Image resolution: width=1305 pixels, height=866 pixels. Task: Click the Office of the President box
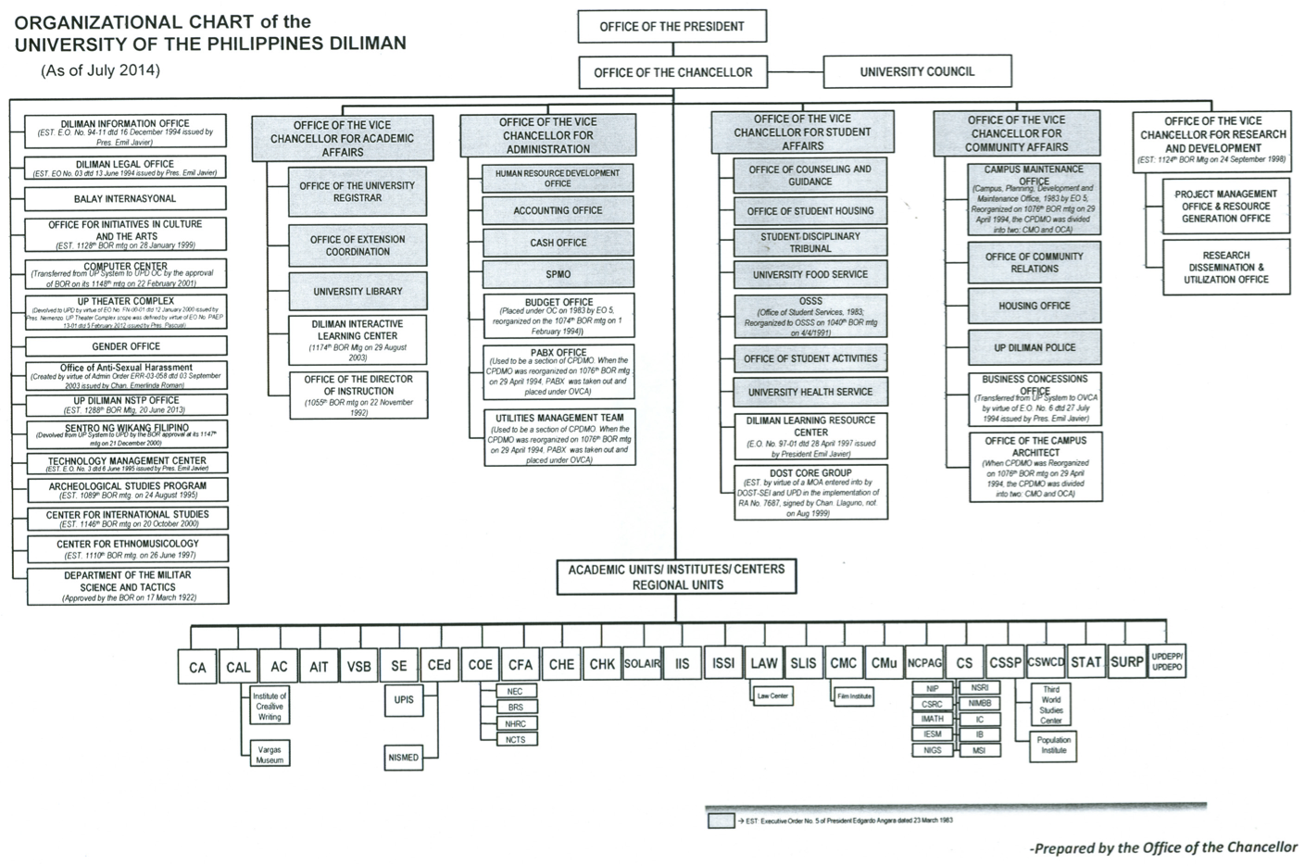pyautogui.click(x=671, y=27)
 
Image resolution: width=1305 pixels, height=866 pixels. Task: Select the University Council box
pyautogui.click(x=916, y=72)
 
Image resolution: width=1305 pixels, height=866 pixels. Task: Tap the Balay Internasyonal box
pyautogui.click(x=125, y=199)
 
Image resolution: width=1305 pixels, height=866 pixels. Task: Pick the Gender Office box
pyautogui.click(x=126, y=346)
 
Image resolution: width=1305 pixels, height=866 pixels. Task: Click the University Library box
pyautogui.click(x=358, y=292)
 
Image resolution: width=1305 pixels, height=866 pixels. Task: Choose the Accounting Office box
pyautogui.click(x=558, y=211)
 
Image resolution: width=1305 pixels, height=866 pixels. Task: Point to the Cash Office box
pyautogui.click(x=558, y=243)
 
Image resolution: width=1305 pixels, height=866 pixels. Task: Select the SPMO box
pyautogui.click(x=558, y=274)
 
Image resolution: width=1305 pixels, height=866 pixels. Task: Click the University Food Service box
pyautogui.click(x=809, y=275)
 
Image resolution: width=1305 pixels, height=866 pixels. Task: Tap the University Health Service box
pyautogui.click(x=809, y=392)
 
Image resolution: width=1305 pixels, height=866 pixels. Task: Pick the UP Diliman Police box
pyautogui.click(x=1035, y=348)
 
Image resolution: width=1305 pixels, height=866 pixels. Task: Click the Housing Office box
pyautogui.click(x=1035, y=307)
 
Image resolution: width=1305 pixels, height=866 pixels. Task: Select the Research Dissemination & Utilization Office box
pyautogui.click(x=1225, y=268)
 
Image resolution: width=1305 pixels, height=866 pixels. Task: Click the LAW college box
pyautogui.click(x=763, y=664)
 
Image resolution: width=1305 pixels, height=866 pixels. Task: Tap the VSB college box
pyautogui.click(x=358, y=666)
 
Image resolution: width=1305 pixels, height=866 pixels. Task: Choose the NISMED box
pyautogui.click(x=404, y=758)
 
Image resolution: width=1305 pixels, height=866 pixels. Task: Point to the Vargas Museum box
pyautogui.click(x=270, y=754)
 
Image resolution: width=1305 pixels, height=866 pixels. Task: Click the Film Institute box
pyautogui.click(x=854, y=695)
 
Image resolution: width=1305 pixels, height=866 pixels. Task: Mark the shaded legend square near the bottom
pyautogui.click(x=721, y=821)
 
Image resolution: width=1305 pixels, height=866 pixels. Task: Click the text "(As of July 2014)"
pyautogui.click(x=100, y=70)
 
